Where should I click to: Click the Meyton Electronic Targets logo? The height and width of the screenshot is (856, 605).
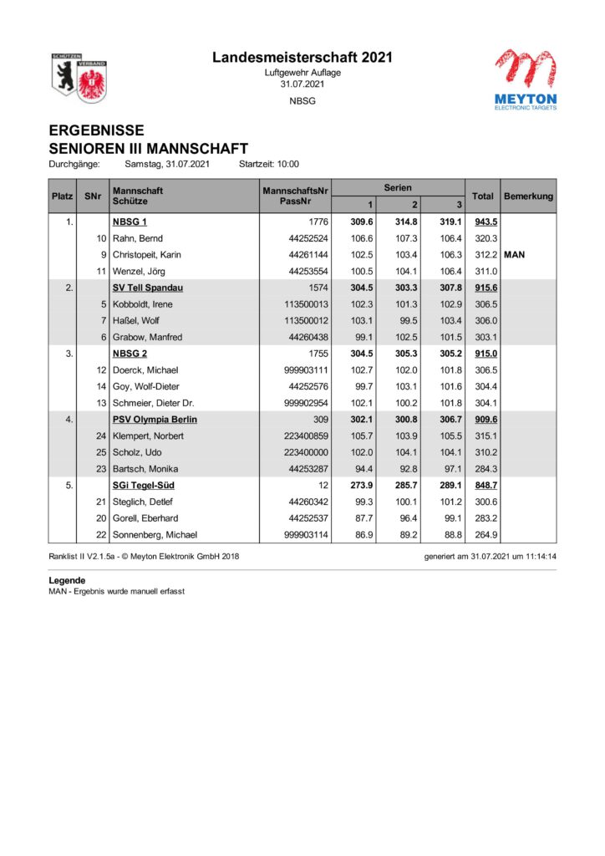coord(526,79)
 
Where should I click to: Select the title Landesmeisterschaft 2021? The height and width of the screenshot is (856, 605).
coord(302,58)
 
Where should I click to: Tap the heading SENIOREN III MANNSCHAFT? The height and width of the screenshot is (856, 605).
coord(149,148)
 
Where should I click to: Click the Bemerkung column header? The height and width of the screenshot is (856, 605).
coord(528,196)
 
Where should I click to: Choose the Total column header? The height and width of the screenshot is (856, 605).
coord(483,196)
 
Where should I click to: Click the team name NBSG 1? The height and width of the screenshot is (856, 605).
coord(130,222)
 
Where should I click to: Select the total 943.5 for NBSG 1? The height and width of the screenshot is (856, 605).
coord(486,222)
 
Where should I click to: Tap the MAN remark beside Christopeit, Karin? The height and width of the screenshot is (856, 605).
coord(515,255)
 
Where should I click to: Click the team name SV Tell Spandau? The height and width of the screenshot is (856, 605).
coord(148,288)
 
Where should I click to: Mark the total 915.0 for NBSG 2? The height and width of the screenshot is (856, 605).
coord(486,354)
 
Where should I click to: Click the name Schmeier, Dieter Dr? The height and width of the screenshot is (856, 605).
coord(154,403)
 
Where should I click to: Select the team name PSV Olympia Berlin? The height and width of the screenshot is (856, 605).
coord(155,420)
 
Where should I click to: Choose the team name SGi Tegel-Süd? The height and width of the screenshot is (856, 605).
coord(143,486)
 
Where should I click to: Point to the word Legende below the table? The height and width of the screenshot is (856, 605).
coord(68,580)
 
